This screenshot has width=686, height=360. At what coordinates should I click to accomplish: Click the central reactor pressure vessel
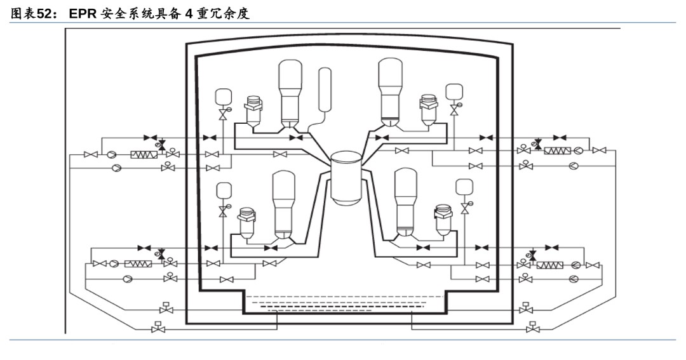tap(346, 177)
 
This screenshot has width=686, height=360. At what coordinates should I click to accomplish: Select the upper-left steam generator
tap(290, 92)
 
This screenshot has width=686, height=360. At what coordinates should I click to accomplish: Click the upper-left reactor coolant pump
tap(254, 109)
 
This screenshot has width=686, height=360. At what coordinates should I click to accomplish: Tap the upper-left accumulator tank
tap(223, 96)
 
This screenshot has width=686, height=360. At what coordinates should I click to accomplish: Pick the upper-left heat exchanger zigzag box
tap(144, 154)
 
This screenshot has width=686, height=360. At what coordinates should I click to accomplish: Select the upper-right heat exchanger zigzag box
tap(557, 151)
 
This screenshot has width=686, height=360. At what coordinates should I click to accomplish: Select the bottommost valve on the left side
tap(156, 328)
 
